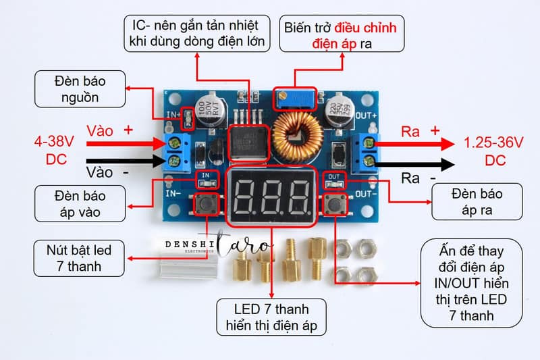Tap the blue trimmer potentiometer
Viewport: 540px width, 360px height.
(x=295, y=99)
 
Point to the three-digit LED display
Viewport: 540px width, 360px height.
(x=271, y=196)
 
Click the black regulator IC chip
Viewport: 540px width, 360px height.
(x=249, y=142)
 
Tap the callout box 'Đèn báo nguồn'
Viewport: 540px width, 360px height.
(x=80, y=89)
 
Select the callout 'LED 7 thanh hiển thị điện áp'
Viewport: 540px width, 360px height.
(x=271, y=317)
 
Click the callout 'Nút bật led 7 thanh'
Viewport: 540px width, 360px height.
(x=79, y=259)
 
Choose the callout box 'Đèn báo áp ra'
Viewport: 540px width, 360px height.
(x=477, y=201)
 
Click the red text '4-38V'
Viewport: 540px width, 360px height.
(x=54, y=142)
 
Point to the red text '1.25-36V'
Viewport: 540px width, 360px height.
(x=493, y=143)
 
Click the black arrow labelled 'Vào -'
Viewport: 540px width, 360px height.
(x=126, y=161)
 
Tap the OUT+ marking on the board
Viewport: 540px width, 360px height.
(x=366, y=115)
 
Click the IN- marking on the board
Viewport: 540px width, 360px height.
(x=173, y=194)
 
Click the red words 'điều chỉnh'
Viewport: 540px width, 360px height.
(x=365, y=28)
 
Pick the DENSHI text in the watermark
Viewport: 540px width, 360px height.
(x=190, y=245)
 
